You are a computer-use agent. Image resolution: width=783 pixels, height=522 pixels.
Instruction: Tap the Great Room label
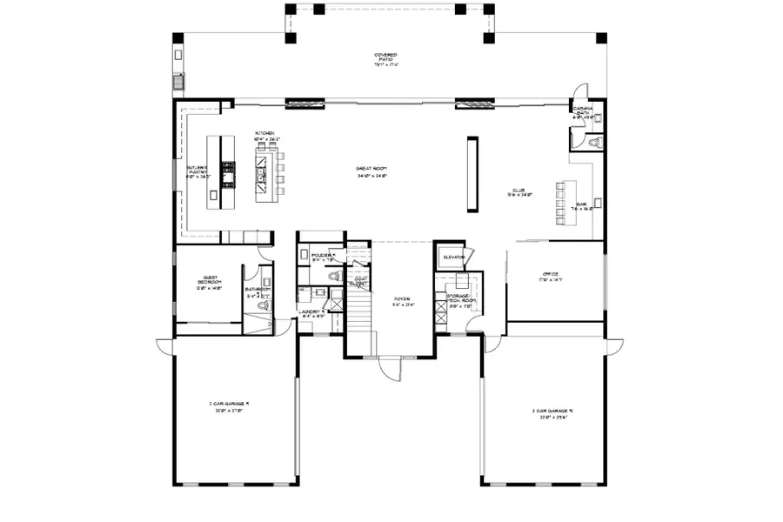pos(371,171)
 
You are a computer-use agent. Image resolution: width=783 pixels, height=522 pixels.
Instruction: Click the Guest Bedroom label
pos(209,283)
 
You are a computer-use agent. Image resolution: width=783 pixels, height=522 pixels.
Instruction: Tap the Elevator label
pos(453,258)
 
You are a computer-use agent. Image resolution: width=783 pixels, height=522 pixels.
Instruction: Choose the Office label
pos(552,276)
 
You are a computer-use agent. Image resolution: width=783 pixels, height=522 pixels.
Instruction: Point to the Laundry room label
pos(311,313)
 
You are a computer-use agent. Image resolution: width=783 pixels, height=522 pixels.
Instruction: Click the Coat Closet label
pos(358,281)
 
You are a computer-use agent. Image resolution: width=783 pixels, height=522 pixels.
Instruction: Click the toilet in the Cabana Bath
pos(594,140)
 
